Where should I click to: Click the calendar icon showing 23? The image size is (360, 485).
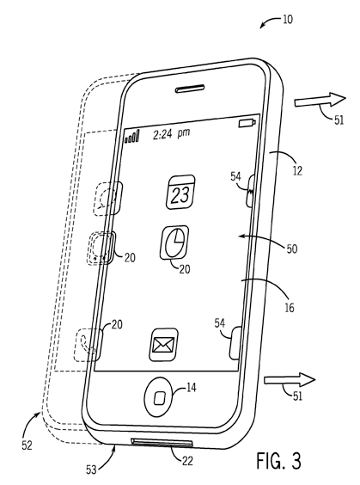tap(180, 192)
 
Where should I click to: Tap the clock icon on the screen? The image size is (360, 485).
tap(174, 242)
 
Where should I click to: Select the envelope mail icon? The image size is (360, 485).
tap(164, 344)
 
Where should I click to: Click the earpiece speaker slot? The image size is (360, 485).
tap(190, 89)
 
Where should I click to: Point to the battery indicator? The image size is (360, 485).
tap(247, 123)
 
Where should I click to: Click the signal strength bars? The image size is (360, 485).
tap(132, 137)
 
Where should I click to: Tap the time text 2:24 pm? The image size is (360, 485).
tap(172, 133)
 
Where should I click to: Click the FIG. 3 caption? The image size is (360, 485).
tap(278, 461)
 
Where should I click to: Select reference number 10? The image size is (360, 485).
tap(287, 20)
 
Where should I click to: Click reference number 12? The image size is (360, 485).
tap(297, 170)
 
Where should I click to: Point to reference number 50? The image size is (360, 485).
tap(292, 249)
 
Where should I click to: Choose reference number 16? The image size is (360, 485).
tap(290, 308)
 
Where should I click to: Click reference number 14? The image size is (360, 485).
tap(192, 387)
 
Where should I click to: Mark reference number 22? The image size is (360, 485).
tap(187, 461)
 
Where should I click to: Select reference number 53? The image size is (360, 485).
tap(91, 470)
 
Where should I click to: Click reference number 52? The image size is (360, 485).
tap(27, 445)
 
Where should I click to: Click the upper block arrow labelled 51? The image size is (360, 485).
tap(320, 100)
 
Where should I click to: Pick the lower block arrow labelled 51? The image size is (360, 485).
tap(290, 379)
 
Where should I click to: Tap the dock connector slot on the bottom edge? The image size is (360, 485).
tap(162, 442)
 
